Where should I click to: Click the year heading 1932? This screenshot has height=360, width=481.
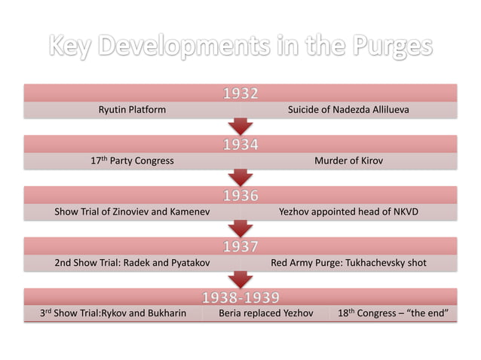click(240, 94)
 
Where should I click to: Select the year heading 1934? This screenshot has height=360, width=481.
click(240, 145)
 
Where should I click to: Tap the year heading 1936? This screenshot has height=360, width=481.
click(240, 196)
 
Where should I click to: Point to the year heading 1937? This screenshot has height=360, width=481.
click(240, 246)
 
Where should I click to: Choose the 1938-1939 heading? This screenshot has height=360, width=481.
click(240, 297)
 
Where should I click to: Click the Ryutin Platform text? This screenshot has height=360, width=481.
click(132, 110)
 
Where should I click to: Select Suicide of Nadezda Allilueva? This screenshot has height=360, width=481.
click(348, 110)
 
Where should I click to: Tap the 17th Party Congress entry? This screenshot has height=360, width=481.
click(132, 160)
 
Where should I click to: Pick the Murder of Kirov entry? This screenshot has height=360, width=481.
click(348, 160)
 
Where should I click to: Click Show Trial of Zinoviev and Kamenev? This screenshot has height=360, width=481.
click(132, 212)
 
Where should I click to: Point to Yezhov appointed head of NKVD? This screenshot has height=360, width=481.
click(348, 212)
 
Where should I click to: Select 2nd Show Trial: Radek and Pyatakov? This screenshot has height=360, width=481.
click(132, 263)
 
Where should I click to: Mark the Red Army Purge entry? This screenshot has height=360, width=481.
click(348, 263)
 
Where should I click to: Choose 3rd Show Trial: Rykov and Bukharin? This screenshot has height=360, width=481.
click(113, 313)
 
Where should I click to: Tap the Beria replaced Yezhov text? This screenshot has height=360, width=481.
click(265, 313)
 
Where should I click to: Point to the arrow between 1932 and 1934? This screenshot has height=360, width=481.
click(240, 127)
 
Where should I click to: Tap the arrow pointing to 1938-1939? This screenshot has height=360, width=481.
click(240, 279)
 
